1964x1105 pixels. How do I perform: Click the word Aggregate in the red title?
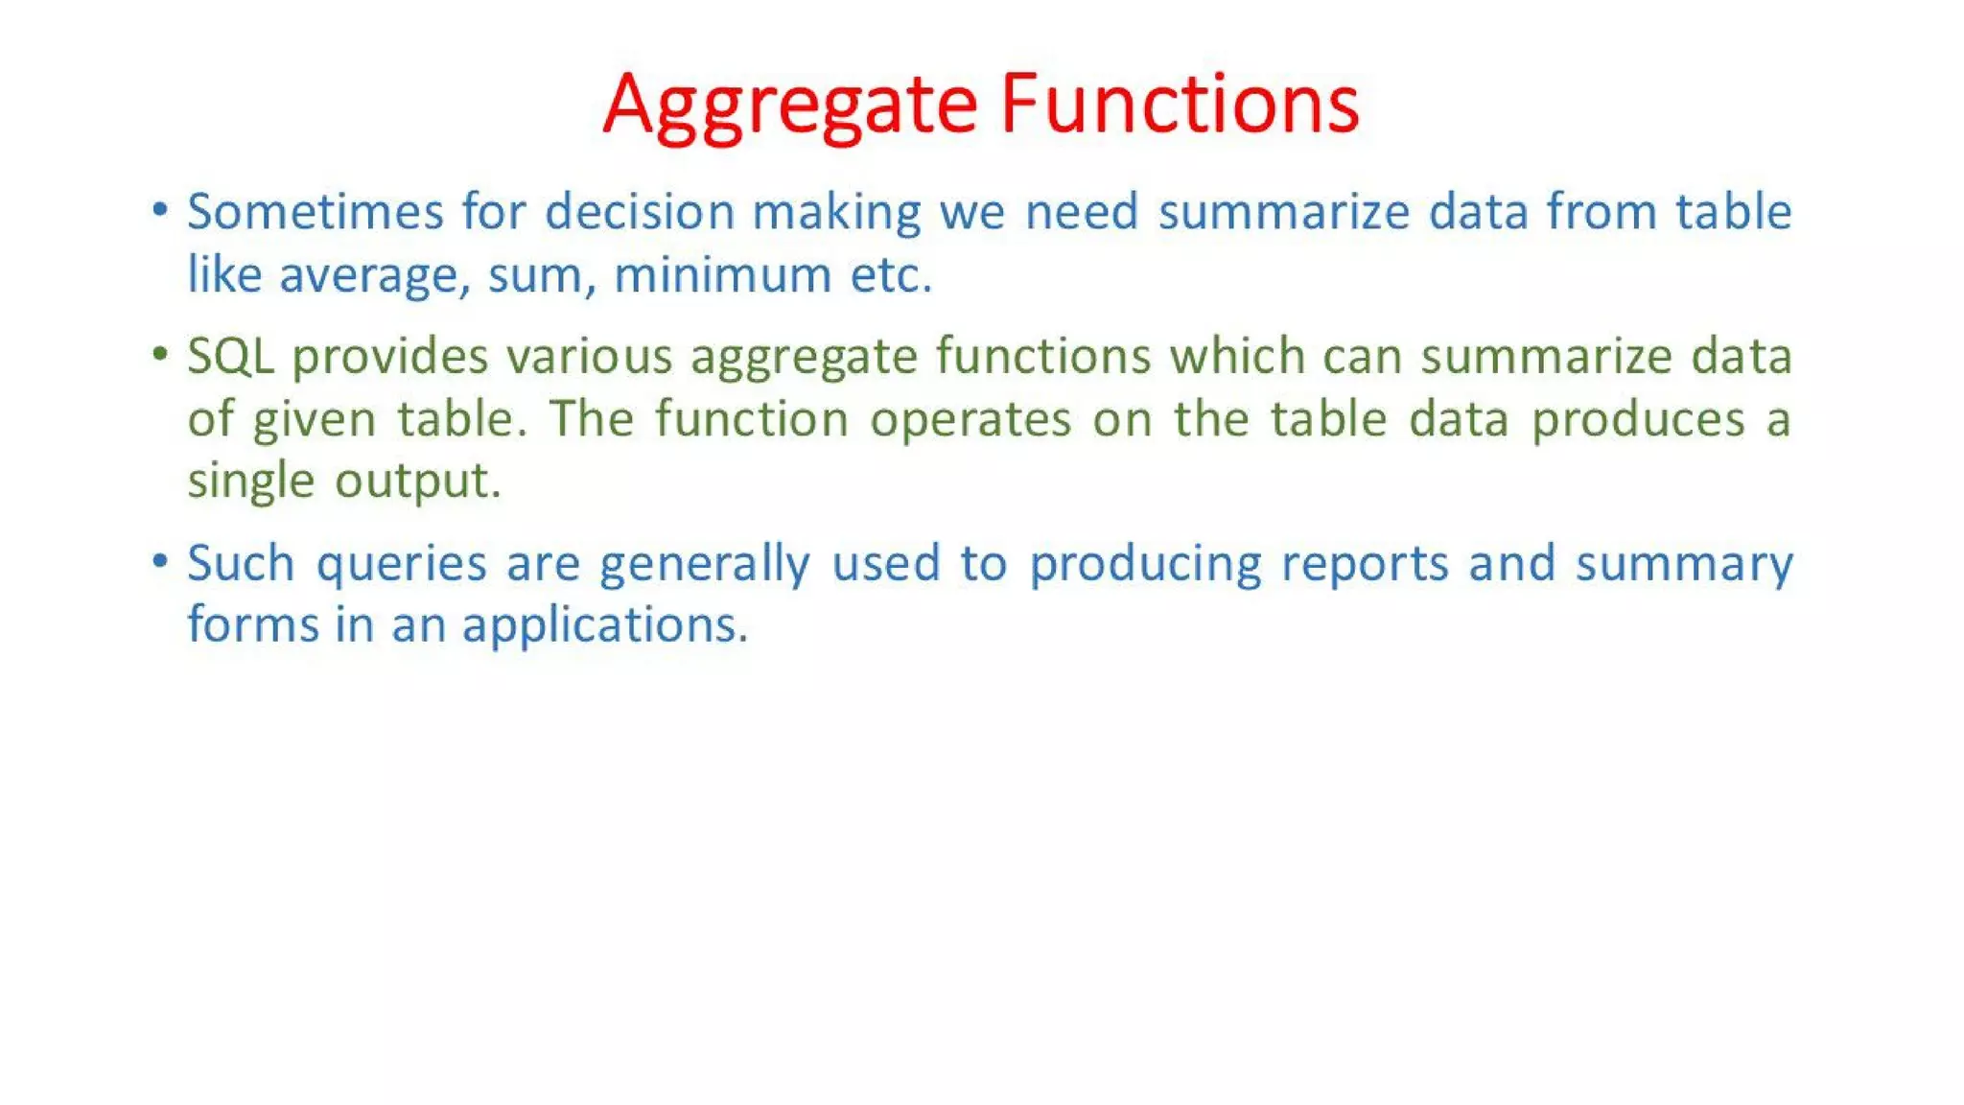pos(790,106)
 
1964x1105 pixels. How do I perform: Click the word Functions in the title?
pos(1179,104)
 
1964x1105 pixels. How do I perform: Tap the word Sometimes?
pos(315,212)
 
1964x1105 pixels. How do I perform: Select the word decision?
pos(639,212)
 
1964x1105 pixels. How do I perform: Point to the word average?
pos(374,277)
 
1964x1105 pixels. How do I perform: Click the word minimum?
pos(722,275)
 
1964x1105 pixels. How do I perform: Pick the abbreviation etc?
pos(890,275)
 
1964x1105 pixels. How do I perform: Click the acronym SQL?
pos(230,357)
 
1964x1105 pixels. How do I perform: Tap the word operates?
pos(970,420)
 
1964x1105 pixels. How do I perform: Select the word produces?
pos(1637,420)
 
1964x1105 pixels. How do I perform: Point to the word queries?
pos(401,564)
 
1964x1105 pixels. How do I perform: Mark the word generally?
pos(705,564)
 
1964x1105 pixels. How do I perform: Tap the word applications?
pos(604,625)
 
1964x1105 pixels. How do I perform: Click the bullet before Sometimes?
pos(160,210)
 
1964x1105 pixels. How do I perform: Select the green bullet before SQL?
pos(160,355)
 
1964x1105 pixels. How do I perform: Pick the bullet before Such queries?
pos(160,561)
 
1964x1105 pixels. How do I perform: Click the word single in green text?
pos(250,482)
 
